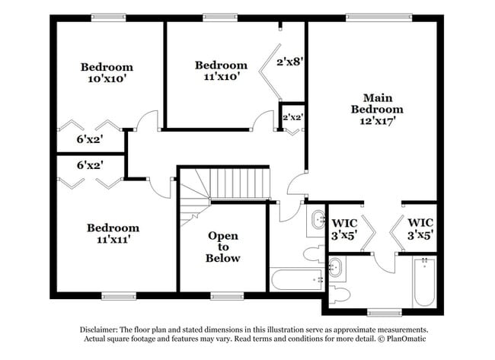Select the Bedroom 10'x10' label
107,72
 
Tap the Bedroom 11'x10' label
221,71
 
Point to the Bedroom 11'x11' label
113,233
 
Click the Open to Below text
224,247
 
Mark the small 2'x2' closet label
292,118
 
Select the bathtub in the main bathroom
424,282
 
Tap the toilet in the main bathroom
340,292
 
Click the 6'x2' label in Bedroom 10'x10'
90,139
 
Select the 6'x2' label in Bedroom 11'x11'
90,164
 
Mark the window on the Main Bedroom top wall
378,16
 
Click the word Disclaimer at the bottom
104,329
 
